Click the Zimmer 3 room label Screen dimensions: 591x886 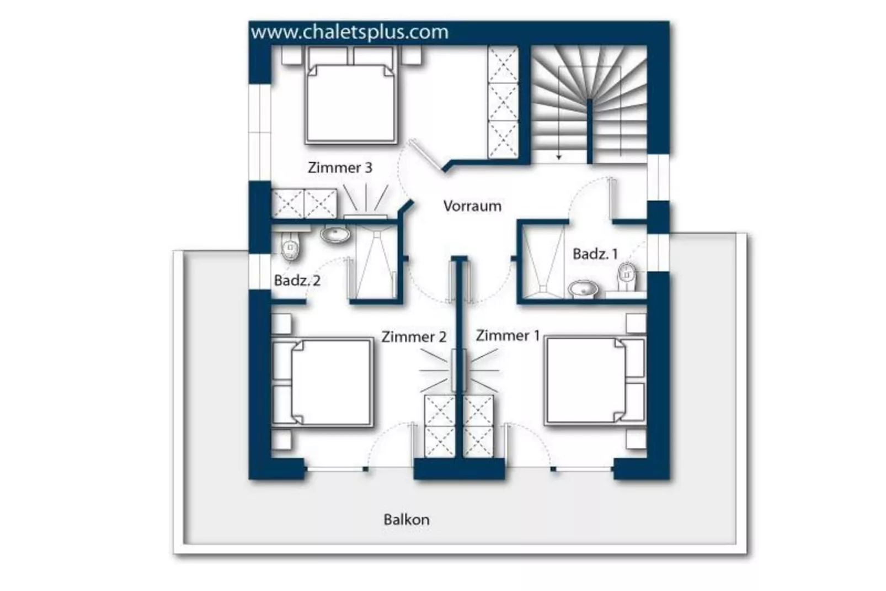340,167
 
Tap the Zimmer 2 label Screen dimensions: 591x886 413,336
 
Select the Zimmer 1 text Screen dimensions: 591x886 508,335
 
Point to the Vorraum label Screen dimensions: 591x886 472,206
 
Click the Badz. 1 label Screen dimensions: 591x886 595,254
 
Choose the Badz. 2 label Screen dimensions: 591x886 297,281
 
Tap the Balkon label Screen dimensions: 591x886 406,519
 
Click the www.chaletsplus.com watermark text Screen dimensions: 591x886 350,32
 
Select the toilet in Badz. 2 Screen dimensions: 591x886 290,247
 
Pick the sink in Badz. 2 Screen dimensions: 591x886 335,234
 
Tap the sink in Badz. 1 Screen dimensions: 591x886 583,289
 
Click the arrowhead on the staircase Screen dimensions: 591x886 559,157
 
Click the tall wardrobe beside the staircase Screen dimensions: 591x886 503,102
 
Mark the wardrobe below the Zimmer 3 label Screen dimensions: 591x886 304,203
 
